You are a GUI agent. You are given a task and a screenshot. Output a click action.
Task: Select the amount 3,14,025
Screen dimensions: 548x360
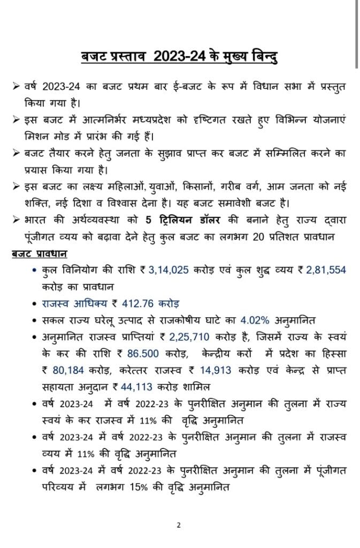[x=167, y=270]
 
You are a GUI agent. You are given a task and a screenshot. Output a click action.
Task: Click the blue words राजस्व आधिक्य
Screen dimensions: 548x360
[x=69, y=303]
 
